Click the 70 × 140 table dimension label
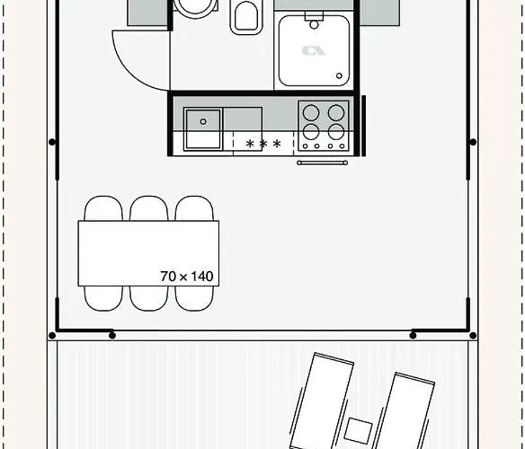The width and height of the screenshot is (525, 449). point(187,277)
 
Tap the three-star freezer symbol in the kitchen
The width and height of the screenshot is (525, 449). point(263,144)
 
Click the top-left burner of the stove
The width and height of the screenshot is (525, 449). point(311,113)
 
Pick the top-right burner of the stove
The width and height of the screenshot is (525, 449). point(336,113)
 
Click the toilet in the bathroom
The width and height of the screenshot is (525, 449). point(245,15)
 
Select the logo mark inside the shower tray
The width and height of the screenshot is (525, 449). point(313,50)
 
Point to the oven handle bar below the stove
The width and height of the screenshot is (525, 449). point(322,163)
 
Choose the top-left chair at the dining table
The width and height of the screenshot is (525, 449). point(103,208)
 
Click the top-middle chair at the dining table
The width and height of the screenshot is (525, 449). point(148,208)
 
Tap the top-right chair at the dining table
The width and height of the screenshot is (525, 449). point(193,208)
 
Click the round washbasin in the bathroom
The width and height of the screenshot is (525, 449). point(195,7)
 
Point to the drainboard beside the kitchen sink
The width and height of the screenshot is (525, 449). point(242,119)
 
